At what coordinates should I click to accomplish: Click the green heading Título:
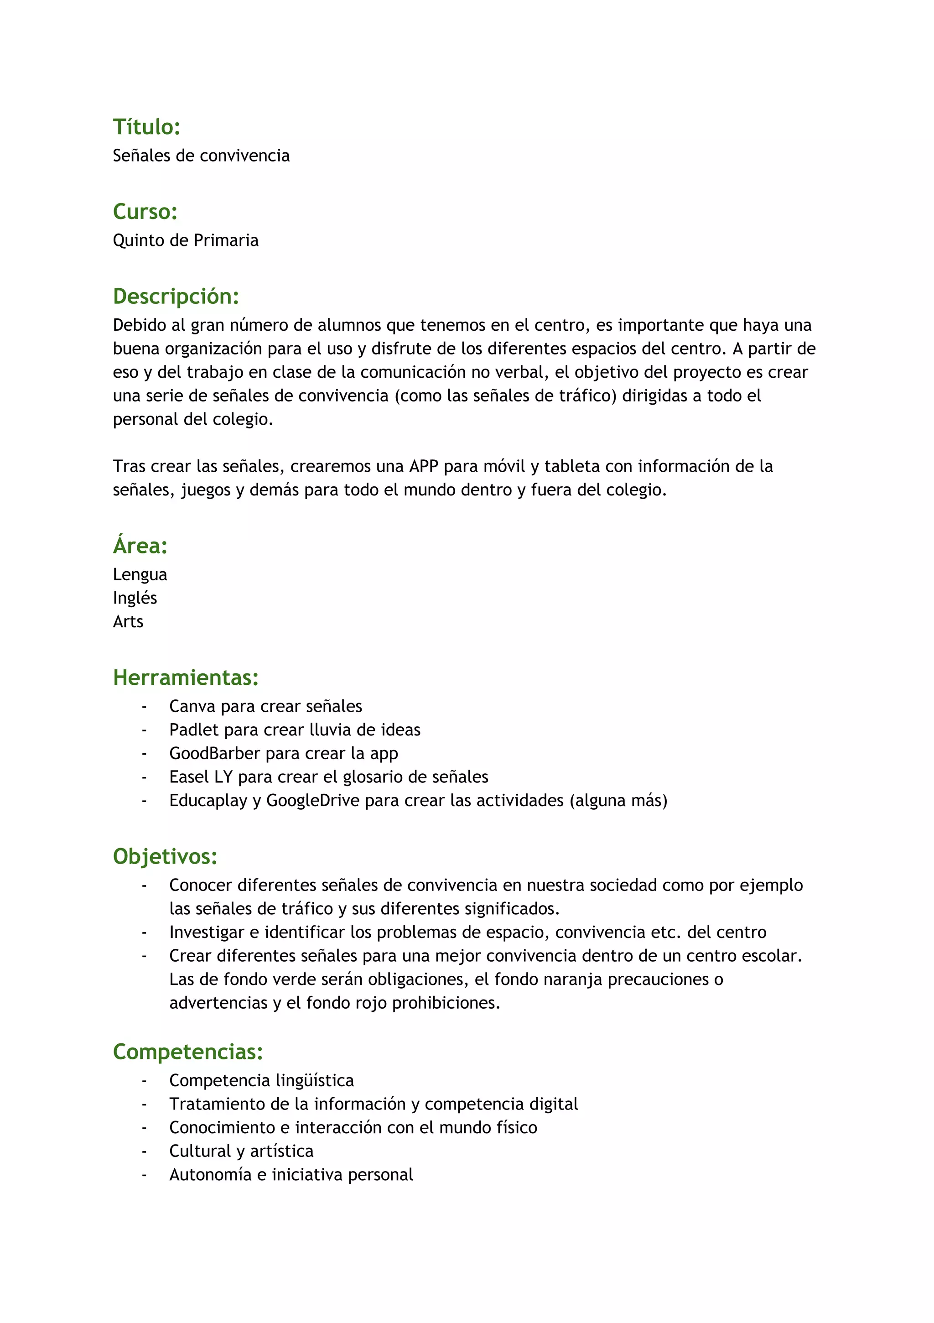tap(146, 127)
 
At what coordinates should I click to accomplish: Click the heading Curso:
tap(145, 212)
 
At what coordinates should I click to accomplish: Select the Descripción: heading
tap(176, 296)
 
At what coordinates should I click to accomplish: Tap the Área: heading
tap(140, 545)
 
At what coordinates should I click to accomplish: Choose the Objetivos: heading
tap(165, 856)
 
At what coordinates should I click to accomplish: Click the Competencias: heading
tap(188, 1052)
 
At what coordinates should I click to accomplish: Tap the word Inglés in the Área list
tap(135, 598)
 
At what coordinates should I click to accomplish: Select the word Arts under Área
tap(128, 622)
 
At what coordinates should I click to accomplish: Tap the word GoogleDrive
tap(313, 801)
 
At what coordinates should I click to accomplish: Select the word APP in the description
tap(424, 466)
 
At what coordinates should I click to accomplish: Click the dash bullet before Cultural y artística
tap(144, 1152)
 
